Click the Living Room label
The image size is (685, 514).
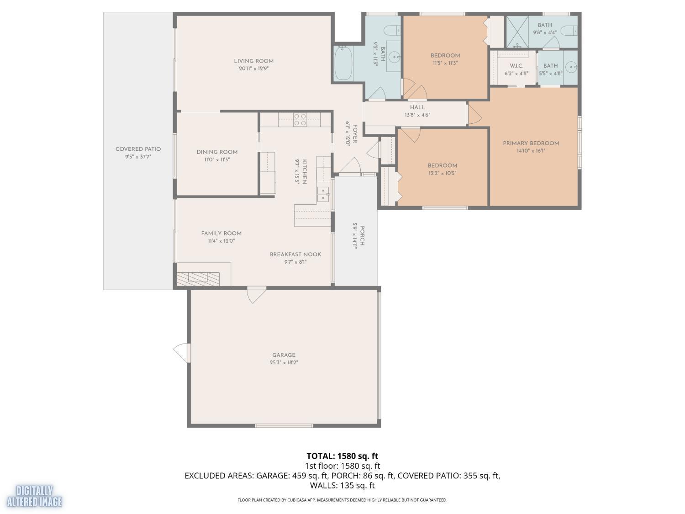[x=253, y=61]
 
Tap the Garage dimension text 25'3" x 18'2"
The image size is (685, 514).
[x=284, y=363]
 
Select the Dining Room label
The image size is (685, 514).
[x=217, y=152]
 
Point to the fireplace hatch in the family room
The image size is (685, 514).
[x=198, y=279]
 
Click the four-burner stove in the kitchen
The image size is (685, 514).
[x=300, y=120]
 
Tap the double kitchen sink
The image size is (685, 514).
[x=323, y=194]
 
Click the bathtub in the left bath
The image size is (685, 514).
[x=343, y=64]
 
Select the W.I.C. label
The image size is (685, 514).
[x=516, y=66]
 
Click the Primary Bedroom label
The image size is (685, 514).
[x=531, y=143]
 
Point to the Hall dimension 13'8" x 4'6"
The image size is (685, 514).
[x=417, y=115]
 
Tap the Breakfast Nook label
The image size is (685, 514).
[x=295, y=254]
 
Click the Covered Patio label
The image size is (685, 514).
[x=138, y=149]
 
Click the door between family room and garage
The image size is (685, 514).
[x=257, y=295]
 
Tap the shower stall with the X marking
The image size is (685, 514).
[x=517, y=32]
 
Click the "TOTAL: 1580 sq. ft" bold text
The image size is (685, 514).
[x=342, y=456]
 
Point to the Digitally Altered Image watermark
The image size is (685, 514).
[x=34, y=496]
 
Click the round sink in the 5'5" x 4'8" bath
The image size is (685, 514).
[x=570, y=67]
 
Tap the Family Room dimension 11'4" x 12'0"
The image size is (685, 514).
[x=221, y=241]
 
